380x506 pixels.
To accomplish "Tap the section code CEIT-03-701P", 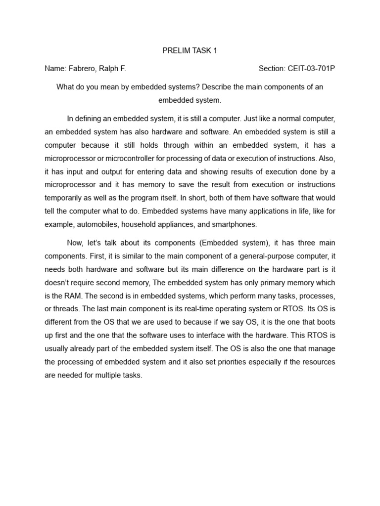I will pos(312,68).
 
